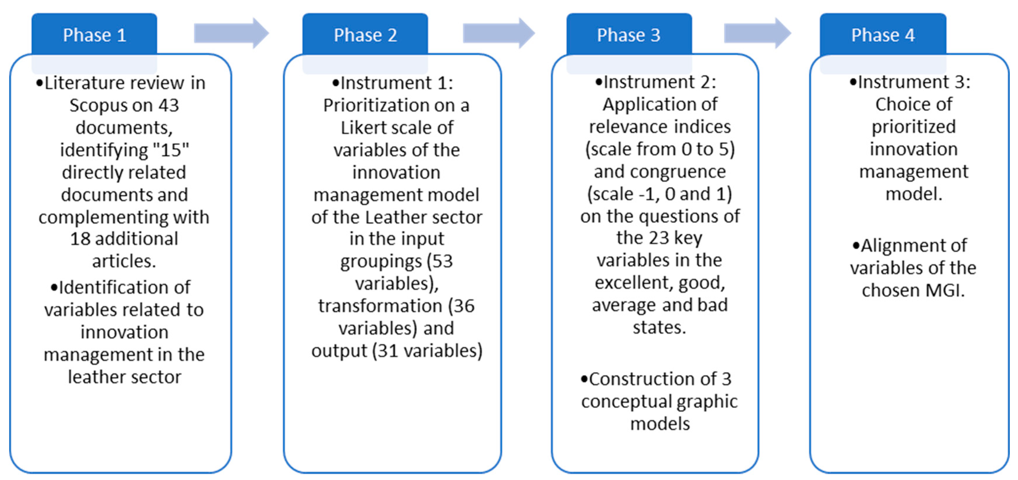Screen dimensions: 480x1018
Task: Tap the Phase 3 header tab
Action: click(x=628, y=35)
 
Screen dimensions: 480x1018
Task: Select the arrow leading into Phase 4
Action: click(x=757, y=33)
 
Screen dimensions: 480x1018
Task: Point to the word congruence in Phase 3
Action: click(x=678, y=172)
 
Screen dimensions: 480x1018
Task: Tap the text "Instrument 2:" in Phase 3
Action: click(x=660, y=82)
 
